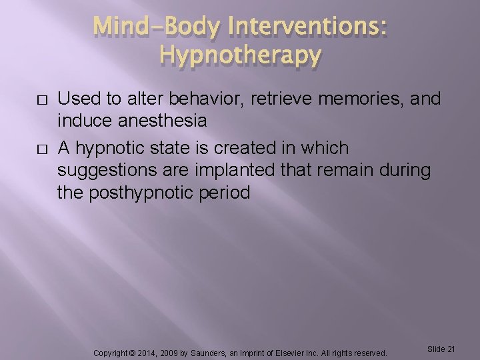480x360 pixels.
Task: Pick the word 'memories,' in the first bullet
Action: (368, 99)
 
